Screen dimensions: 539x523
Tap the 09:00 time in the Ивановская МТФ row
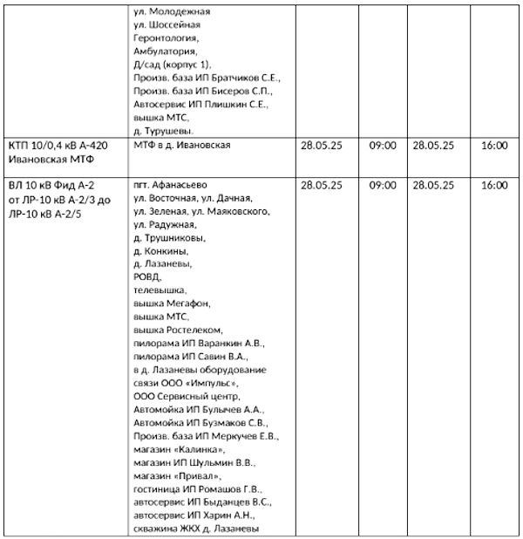383,146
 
